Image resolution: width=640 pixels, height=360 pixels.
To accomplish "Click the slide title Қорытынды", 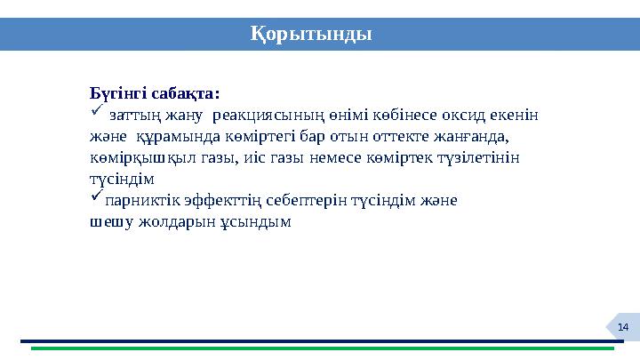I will [x=310, y=34].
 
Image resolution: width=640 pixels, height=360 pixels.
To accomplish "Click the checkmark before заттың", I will [x=97, y=113].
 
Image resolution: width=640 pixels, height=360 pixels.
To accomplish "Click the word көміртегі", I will [x=259, y=137].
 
